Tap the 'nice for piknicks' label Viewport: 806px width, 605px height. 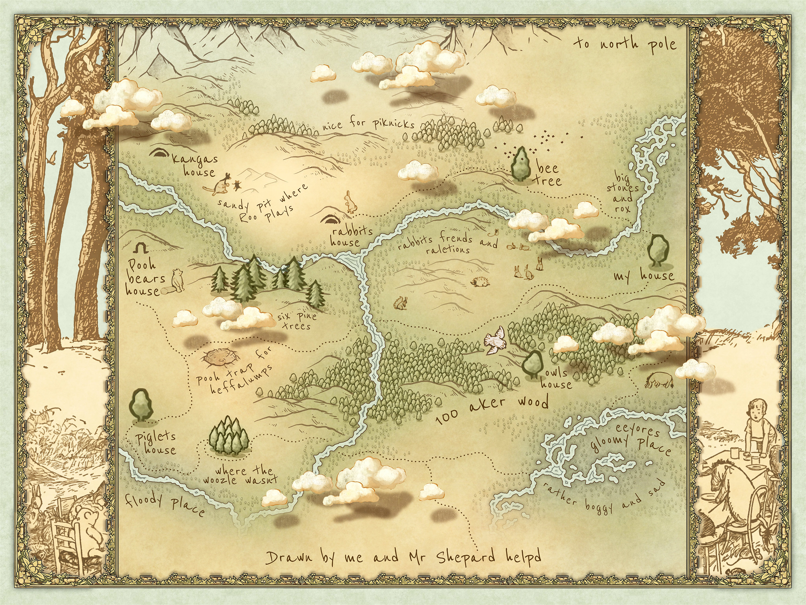(x=368, y=124)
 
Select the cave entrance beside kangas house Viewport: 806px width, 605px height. (x=159, y=152)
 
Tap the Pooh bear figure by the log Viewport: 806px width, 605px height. (x=178, y=280)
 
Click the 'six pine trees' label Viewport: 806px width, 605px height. (x=297, y=321)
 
